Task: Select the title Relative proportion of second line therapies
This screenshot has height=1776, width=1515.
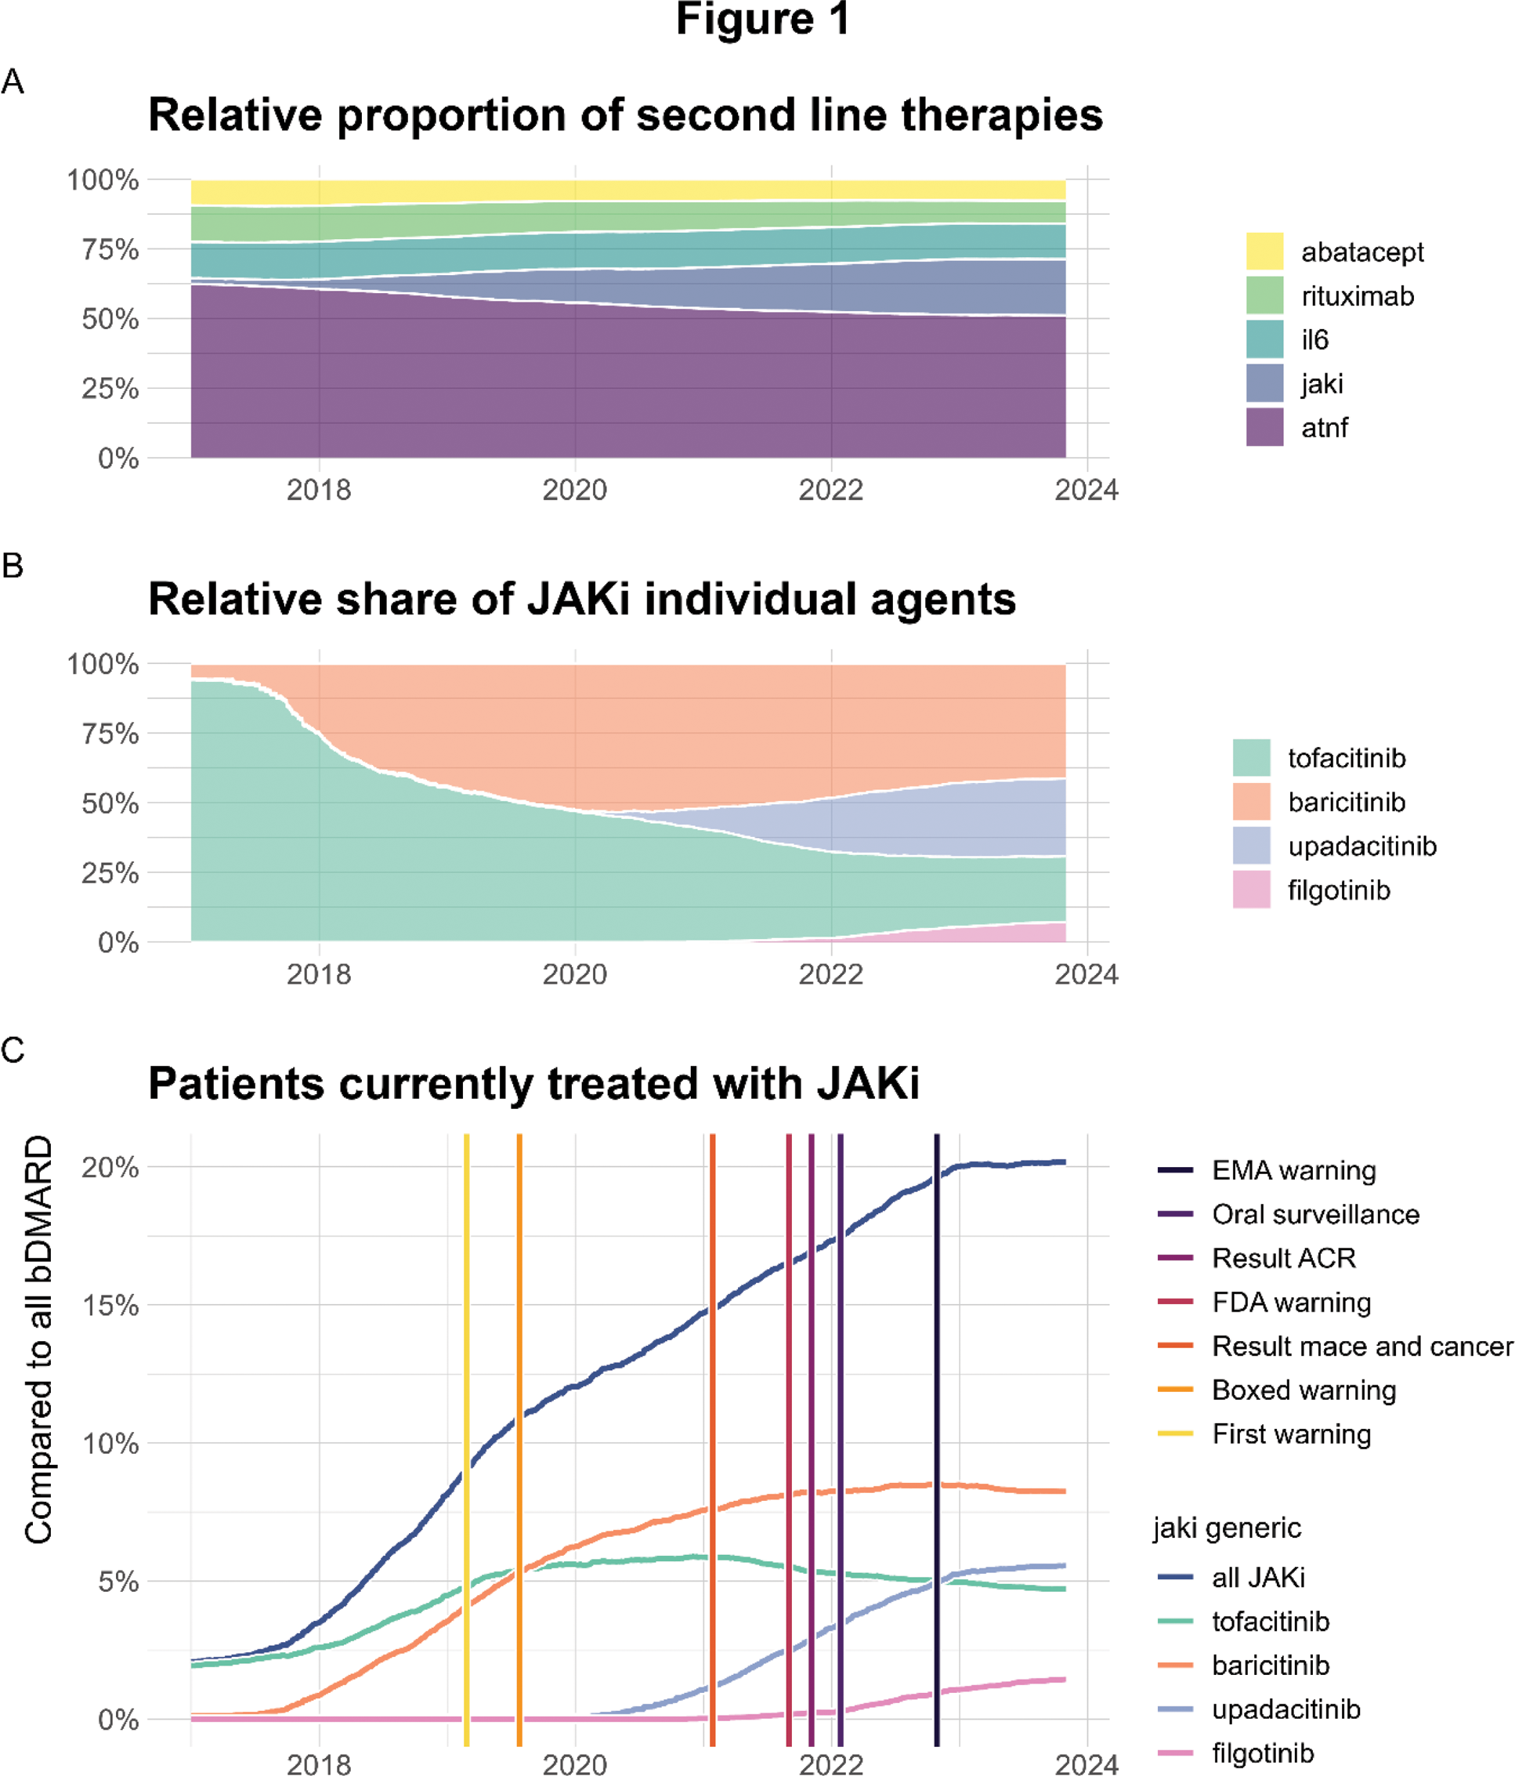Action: coord(624,115)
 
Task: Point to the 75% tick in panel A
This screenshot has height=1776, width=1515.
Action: coord(110,249)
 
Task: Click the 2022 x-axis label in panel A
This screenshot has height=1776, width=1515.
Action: coord(830,491)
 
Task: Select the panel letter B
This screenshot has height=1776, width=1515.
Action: coord(13,566)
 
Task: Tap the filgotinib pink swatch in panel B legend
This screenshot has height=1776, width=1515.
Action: coord(1251,890)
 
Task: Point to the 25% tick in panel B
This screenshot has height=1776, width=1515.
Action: coord(110,872)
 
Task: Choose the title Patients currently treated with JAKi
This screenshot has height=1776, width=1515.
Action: coord(533,1083)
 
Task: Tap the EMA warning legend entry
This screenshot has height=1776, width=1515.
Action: coord(1293,1170)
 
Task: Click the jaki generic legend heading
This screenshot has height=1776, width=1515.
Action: coord(1226,1528)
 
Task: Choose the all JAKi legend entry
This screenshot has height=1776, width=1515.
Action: coord(1258,1577)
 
